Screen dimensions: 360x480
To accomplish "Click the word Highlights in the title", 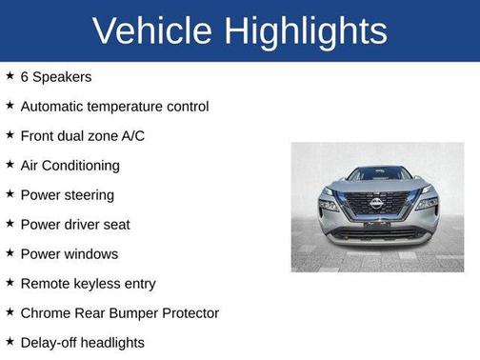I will point(308,31).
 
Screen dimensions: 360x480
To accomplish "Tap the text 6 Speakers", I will point(56,76).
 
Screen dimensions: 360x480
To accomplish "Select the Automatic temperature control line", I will point(114,106).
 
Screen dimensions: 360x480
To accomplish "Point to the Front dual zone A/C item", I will point(83,135).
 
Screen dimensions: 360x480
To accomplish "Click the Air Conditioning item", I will point(70,165).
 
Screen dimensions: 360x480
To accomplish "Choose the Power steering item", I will point(67,194).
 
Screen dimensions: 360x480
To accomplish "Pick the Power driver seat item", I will point(75,224).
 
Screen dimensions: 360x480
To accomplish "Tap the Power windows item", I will point(70,253).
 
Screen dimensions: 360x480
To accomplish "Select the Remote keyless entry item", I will point(88,283).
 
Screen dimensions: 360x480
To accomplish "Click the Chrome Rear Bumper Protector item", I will point(119,312).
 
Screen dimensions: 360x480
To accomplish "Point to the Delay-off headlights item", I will point(82,342).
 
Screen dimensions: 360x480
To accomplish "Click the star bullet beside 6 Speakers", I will point(10,76).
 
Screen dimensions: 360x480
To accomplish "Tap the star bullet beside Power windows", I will point(10,253).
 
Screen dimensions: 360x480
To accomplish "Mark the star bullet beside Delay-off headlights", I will point(10,342).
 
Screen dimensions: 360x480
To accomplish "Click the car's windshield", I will point(377,174).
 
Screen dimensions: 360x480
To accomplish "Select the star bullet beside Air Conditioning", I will point(10,165).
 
